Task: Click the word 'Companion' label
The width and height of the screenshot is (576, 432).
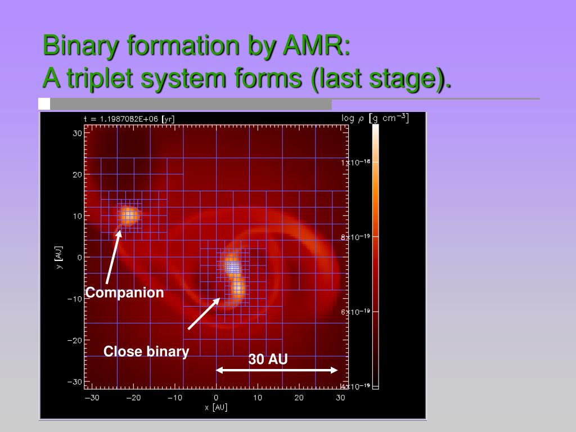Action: coord(124,292)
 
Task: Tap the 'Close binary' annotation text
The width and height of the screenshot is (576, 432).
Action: coord(146,352)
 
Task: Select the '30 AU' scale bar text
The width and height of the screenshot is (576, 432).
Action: coord(268,359)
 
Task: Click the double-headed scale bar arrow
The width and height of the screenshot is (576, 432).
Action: coord(277,370)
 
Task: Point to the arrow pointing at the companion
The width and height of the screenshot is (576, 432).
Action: coord(113,256)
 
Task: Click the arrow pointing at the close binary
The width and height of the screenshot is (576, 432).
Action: coord(204,314)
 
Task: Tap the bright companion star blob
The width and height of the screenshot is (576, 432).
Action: coord(129,215)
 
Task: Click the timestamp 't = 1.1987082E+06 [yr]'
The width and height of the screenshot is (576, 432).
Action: coord(129,119)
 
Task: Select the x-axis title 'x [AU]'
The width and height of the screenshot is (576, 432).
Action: coord(216,407)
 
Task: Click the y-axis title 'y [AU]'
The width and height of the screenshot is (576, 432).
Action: coord(58,258)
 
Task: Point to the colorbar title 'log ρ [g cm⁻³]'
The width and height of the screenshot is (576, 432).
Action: coord(375,118)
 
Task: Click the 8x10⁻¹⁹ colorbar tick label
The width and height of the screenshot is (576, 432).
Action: coord(355,237)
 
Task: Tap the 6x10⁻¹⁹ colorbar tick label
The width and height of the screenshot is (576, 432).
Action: coord(355,312)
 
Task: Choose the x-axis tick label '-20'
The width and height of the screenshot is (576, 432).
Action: coord(133,398)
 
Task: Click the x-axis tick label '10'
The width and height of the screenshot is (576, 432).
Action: coord(258,398)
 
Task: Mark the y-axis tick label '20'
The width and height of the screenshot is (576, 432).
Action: coord(77,175)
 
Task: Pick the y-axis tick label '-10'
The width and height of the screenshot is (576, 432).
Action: coord(75,299)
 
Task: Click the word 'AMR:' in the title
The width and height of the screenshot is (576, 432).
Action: coord(317,46)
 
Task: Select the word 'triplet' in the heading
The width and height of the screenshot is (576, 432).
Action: coord(100,79)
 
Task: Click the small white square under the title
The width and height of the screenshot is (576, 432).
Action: coord(44,103)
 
